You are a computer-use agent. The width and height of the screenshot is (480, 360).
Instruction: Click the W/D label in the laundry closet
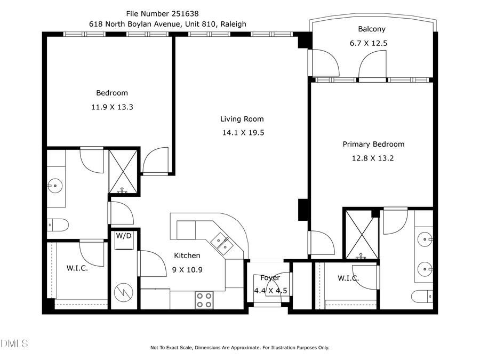point(124,235)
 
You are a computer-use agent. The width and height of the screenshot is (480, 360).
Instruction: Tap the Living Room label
point(242,119)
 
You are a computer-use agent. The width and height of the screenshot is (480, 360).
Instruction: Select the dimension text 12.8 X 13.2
point(373,158)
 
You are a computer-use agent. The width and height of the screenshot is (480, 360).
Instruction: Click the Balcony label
point(372,29)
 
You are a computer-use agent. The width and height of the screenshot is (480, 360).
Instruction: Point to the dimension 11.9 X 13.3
point(112,107)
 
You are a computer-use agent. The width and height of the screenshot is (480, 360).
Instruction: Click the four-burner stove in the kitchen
point(203,300)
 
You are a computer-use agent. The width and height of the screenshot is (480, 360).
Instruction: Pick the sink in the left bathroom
point(54,186)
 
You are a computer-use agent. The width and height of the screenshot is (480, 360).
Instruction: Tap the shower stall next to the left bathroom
point(123,172)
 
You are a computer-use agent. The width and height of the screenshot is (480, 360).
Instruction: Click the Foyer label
point(270,278)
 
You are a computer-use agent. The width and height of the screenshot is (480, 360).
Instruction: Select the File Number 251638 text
point(164,13)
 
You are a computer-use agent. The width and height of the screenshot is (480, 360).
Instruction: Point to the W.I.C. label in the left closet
point(77,268)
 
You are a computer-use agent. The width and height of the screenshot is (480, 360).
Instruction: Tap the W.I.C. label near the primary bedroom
point(348,278)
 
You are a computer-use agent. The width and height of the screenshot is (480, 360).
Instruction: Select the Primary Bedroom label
point(373,144)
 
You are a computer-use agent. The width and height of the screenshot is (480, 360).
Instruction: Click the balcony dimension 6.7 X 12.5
point(372,43)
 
